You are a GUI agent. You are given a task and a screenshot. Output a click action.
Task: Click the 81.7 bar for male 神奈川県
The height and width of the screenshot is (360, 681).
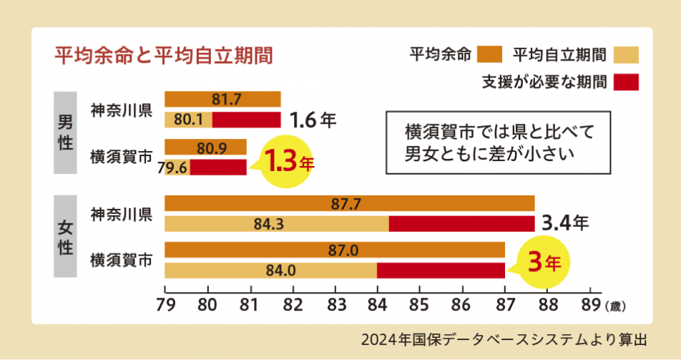coord(222,99)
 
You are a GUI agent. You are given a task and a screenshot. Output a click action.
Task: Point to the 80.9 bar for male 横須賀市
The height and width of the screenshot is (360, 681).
coord(205,147)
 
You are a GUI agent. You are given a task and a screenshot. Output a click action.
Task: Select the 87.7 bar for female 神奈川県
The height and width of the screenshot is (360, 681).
coord(349,203)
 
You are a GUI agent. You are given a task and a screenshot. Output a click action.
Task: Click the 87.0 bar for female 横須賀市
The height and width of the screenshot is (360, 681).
coord(334,250)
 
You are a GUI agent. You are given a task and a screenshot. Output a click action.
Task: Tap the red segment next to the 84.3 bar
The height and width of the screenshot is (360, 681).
coord(461,224)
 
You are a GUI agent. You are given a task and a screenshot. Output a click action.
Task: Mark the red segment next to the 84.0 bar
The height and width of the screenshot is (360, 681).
coord(441,271)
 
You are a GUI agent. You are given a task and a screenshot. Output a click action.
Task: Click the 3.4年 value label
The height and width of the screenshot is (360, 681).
coord(565,223)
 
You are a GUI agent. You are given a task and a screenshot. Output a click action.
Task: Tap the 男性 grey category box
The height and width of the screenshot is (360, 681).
coord(64,132)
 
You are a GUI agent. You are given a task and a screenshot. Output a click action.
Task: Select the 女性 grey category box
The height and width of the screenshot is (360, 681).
coord(64,236)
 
